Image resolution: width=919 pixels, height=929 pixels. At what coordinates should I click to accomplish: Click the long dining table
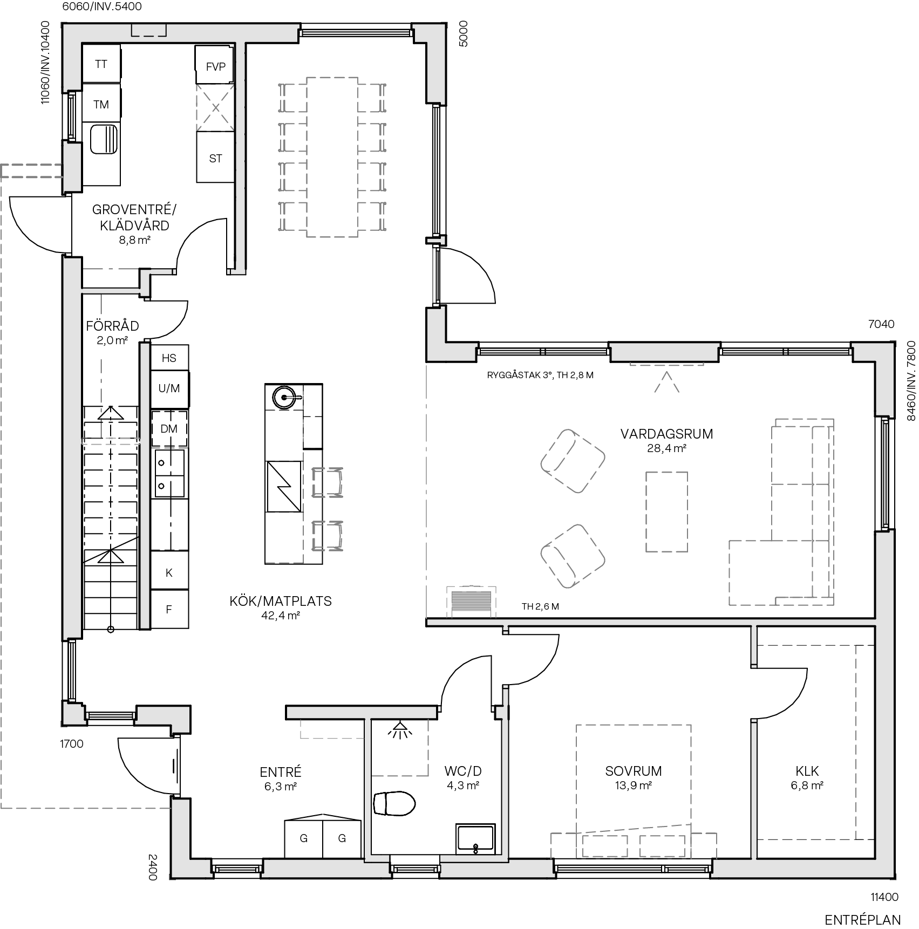click(x=332, y=157)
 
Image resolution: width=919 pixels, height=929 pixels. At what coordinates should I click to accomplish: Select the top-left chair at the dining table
click(x=293, y=98)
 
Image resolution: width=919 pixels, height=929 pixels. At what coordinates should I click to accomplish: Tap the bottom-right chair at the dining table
click(x=371, y=216)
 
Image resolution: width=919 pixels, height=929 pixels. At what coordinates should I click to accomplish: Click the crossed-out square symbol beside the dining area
click(x=215, y=107)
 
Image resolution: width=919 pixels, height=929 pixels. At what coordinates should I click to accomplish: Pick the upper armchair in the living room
click(x=573, y=461)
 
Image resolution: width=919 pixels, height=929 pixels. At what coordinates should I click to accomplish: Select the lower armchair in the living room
click(x=573, y=556)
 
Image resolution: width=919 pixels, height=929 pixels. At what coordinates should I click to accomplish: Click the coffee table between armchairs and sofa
click(x=666, y=511)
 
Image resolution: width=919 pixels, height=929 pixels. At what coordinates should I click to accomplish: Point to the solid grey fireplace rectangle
click(x=471, y=602)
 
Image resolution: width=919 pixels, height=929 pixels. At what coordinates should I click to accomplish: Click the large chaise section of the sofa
click(x=770, y=572)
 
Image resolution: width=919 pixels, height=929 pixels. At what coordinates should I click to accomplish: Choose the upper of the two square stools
click(x=327, y=482)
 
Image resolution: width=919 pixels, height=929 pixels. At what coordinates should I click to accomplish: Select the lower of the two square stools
click(x=327, y=536)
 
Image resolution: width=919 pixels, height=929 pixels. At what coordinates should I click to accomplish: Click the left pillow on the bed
click(x=605, y=846)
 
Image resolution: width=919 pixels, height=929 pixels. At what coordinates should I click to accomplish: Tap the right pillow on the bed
click(x=662, y=846)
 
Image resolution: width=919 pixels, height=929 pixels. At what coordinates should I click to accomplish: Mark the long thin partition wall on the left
click(x=145, y=486)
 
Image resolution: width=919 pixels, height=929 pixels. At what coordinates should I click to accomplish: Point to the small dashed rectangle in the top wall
click(x=149, y=31)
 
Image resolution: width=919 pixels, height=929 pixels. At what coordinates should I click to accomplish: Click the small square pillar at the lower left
click(x=73, y=713)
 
